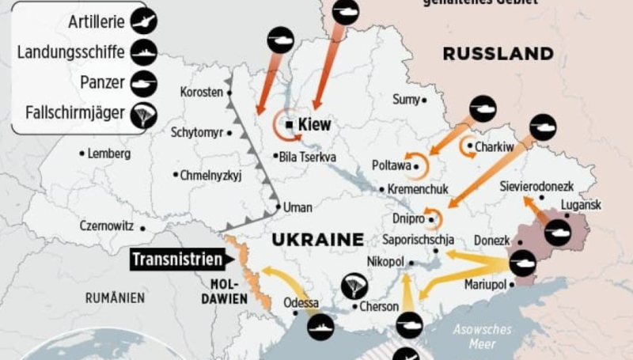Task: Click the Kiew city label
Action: point(315,124)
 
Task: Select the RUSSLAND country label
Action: point(498,54)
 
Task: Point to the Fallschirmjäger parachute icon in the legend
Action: point(145,116)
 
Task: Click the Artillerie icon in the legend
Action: point(145,21)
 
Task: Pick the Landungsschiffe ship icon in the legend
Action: point(145,52)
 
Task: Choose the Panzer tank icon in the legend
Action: point(145,83)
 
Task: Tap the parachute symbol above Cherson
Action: point(353,286)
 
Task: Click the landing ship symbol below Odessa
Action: point(320,326)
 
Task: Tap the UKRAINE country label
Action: point(316,239)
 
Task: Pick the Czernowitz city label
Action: point(106,225)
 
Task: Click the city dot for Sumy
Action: point(424,100)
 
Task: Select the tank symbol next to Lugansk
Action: point(557,232)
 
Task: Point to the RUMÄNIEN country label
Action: point(116,297)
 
